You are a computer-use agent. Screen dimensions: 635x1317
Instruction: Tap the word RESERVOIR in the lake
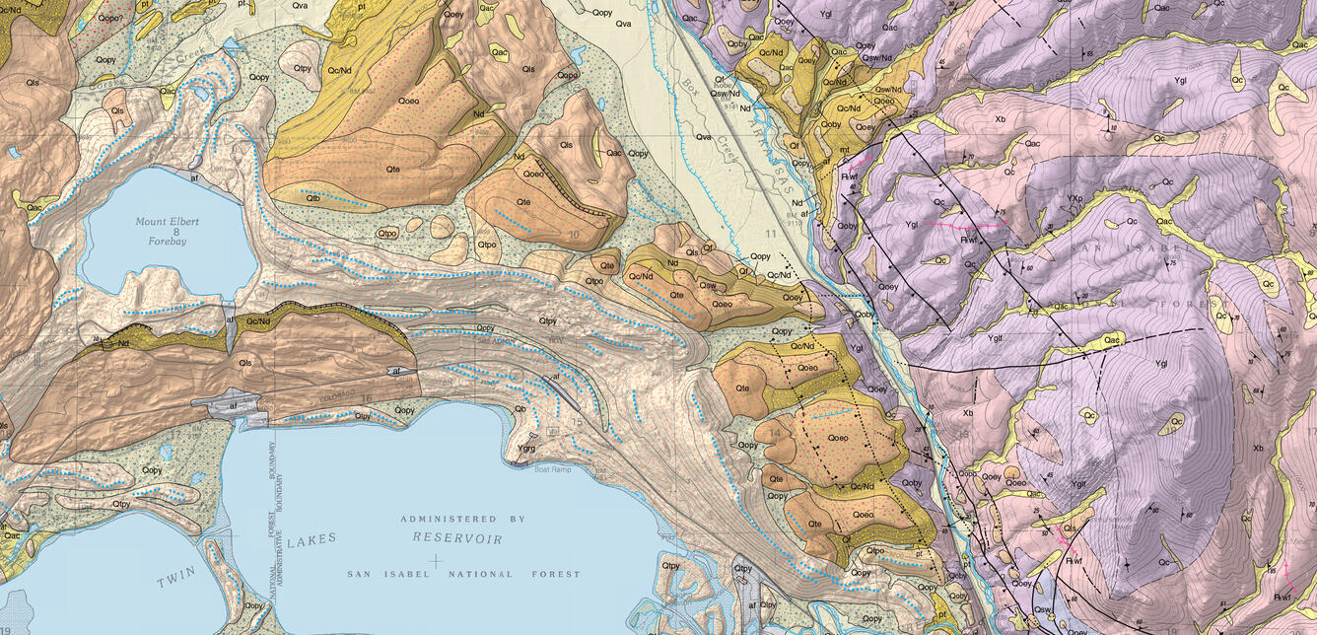click(x=457, y=539)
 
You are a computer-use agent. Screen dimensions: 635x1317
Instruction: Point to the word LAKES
click(x=312, y=539)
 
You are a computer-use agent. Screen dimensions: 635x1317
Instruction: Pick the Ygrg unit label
click(x=526, y=449)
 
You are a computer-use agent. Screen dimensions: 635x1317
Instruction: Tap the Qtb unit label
click(x=312, y=198)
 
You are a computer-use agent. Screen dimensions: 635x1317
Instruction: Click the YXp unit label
click(x=1075, y=197)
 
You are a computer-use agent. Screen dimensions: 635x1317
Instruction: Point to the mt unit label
click(x=844, y=150)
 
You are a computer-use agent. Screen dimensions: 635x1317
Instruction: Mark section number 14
click(x=776, y=432)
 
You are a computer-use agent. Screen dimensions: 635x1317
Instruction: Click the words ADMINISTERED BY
click(x=462, y=519)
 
